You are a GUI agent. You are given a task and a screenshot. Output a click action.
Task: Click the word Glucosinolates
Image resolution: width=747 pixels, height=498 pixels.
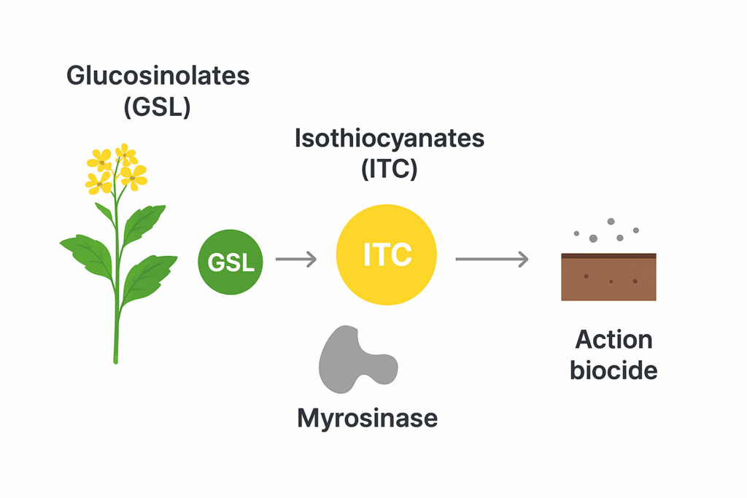(x=158, y=76)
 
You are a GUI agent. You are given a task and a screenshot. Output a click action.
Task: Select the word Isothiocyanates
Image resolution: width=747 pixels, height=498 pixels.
(x=389, y=139)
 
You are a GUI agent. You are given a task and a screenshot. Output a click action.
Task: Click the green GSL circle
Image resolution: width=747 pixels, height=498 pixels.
(x=231, y=262)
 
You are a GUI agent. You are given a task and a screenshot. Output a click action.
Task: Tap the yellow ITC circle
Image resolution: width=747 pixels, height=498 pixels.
(x=387, y=254)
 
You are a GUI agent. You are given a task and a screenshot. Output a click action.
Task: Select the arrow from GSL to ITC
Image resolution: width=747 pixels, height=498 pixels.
(x=295, y=259)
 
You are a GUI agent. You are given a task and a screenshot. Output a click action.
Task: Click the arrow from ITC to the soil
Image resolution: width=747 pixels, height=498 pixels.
(x=492, y=258)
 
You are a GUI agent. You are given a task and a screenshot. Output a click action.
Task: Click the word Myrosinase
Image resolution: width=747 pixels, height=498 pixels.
(x=367, y=418)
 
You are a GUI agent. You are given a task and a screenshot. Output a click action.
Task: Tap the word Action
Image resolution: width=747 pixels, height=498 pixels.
(x=614, y=340)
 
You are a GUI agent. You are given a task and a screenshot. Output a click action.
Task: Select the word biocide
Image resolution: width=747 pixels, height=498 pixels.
(x=614, y=370)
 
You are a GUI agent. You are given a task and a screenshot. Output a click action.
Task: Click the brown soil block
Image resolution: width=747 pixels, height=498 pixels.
(x=608, y=279)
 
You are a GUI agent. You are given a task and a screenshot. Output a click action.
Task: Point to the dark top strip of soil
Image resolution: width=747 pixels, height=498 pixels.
(x=608, y=256)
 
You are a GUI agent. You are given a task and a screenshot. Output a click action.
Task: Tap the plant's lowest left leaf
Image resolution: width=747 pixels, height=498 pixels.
(x=88, y=255)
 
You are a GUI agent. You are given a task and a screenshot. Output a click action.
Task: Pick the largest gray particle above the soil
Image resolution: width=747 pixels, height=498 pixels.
(x=593, y=238)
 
